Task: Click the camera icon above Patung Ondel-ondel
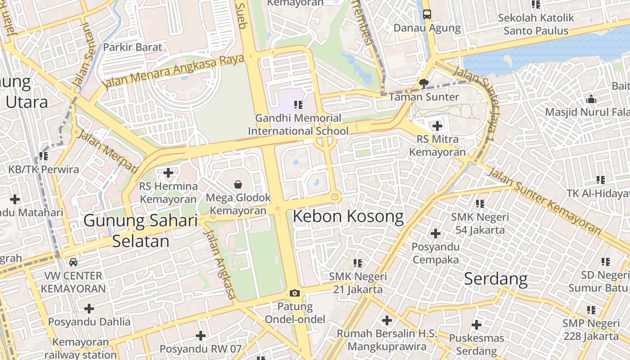coord(295,293)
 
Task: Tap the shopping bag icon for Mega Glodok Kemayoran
coord(238,184)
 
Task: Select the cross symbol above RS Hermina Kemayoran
coord(168,172)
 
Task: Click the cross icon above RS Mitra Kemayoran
coord(437,126)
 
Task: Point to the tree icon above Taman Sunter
coord(423,83)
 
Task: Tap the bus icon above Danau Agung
coord(427,14)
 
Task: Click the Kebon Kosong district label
coord(348,217)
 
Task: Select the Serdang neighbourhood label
coord(495,279)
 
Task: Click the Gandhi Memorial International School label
coord(298,125)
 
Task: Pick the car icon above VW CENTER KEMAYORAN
coord(73,262)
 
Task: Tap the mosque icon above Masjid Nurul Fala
coord(591,99)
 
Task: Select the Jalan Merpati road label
coord(107,152)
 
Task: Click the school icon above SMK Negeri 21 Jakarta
coord(358,263)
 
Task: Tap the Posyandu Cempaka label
coord(436,253)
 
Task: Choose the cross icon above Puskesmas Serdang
coord(477,324)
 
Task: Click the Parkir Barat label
coord(133,47)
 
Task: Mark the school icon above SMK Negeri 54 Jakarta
coord(480,203)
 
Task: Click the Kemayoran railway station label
coord(81,348)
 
